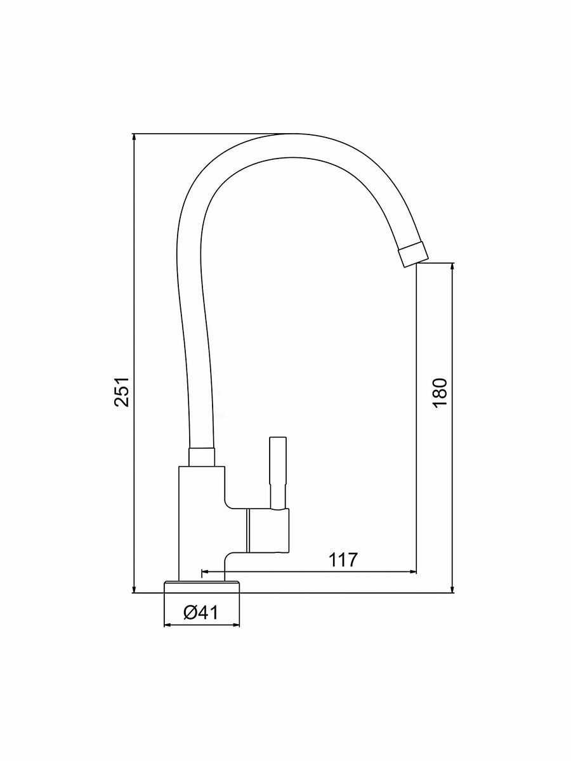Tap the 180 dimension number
click(x=440, y=393)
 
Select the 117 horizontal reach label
click(x=343, y=559)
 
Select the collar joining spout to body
click(x=202, y=457)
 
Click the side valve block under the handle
click(x=267, y=530)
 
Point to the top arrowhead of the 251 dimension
click(x=134, y=138)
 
